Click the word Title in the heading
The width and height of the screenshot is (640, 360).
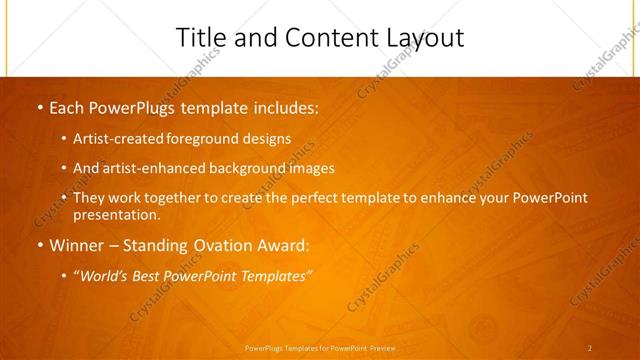(x=199, y=37)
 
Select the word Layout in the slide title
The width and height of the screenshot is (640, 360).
(x=424, y=38)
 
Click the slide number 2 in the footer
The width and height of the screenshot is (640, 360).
(x=589, y=348)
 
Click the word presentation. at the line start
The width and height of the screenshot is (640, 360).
(x=116, y=214)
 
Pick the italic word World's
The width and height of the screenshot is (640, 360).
(x=103, y=275)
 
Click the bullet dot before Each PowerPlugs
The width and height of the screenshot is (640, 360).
(x=39, y=107)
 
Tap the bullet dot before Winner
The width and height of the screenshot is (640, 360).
(x=39, y=245)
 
